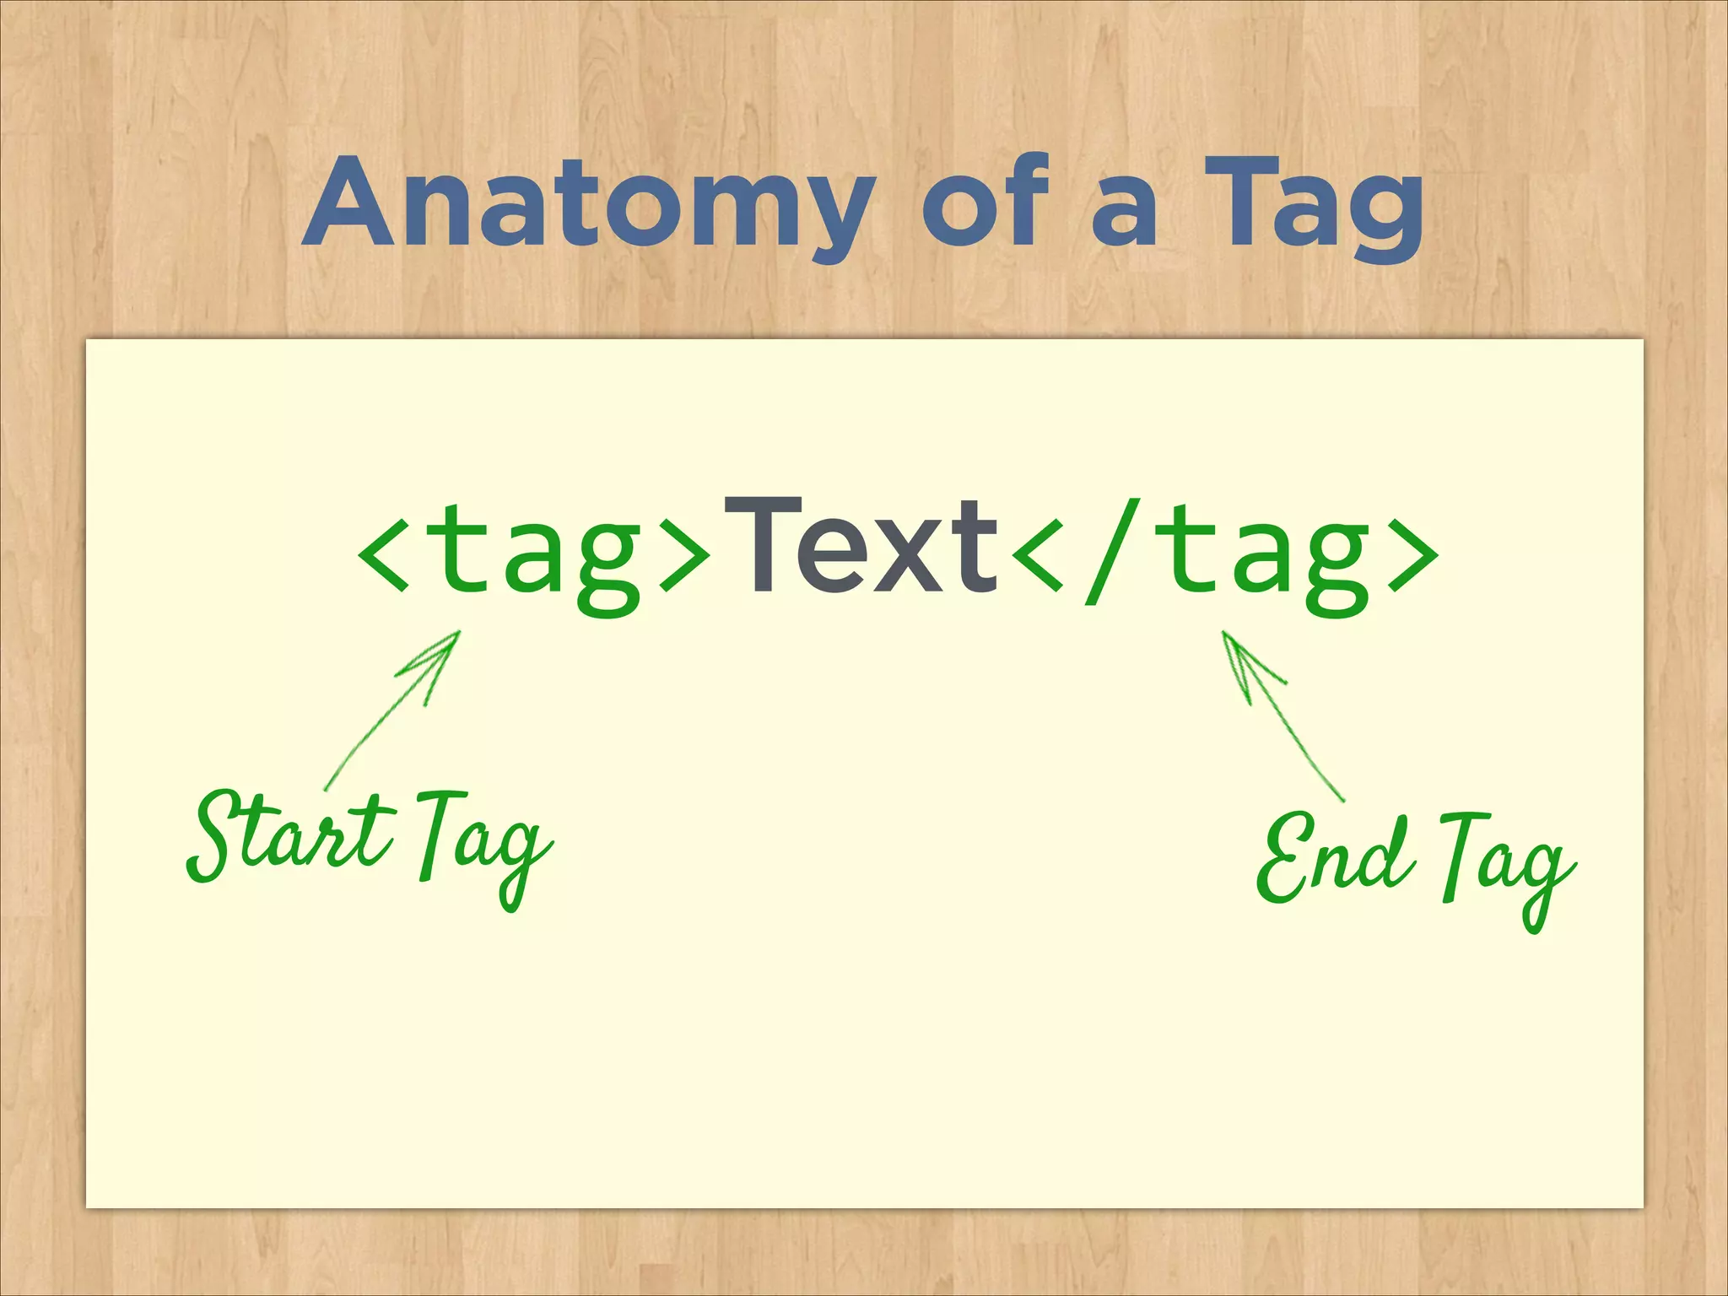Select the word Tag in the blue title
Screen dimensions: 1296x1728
1313,208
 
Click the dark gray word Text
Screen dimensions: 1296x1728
861,547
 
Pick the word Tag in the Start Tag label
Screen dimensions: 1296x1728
481,844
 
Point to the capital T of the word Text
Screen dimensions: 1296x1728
764,544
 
